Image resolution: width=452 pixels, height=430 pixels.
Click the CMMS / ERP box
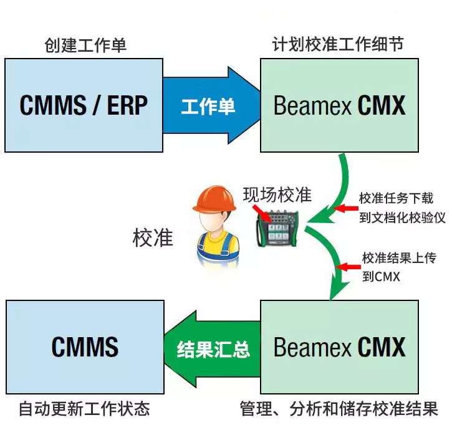[x=84, y=105]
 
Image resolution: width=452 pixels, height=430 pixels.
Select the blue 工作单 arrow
[x=209, y=106]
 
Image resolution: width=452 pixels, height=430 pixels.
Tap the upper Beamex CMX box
[x=339, y=105]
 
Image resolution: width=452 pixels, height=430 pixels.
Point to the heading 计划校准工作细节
[x=338, y=44]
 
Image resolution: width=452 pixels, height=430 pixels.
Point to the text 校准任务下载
[x=396, y=198]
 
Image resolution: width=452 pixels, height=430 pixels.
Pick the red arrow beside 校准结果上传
[x=347, y=267]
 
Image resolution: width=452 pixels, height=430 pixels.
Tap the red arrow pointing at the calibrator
[x=261, y=213]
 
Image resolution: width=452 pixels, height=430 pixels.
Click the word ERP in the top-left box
[x=127, y=105]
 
